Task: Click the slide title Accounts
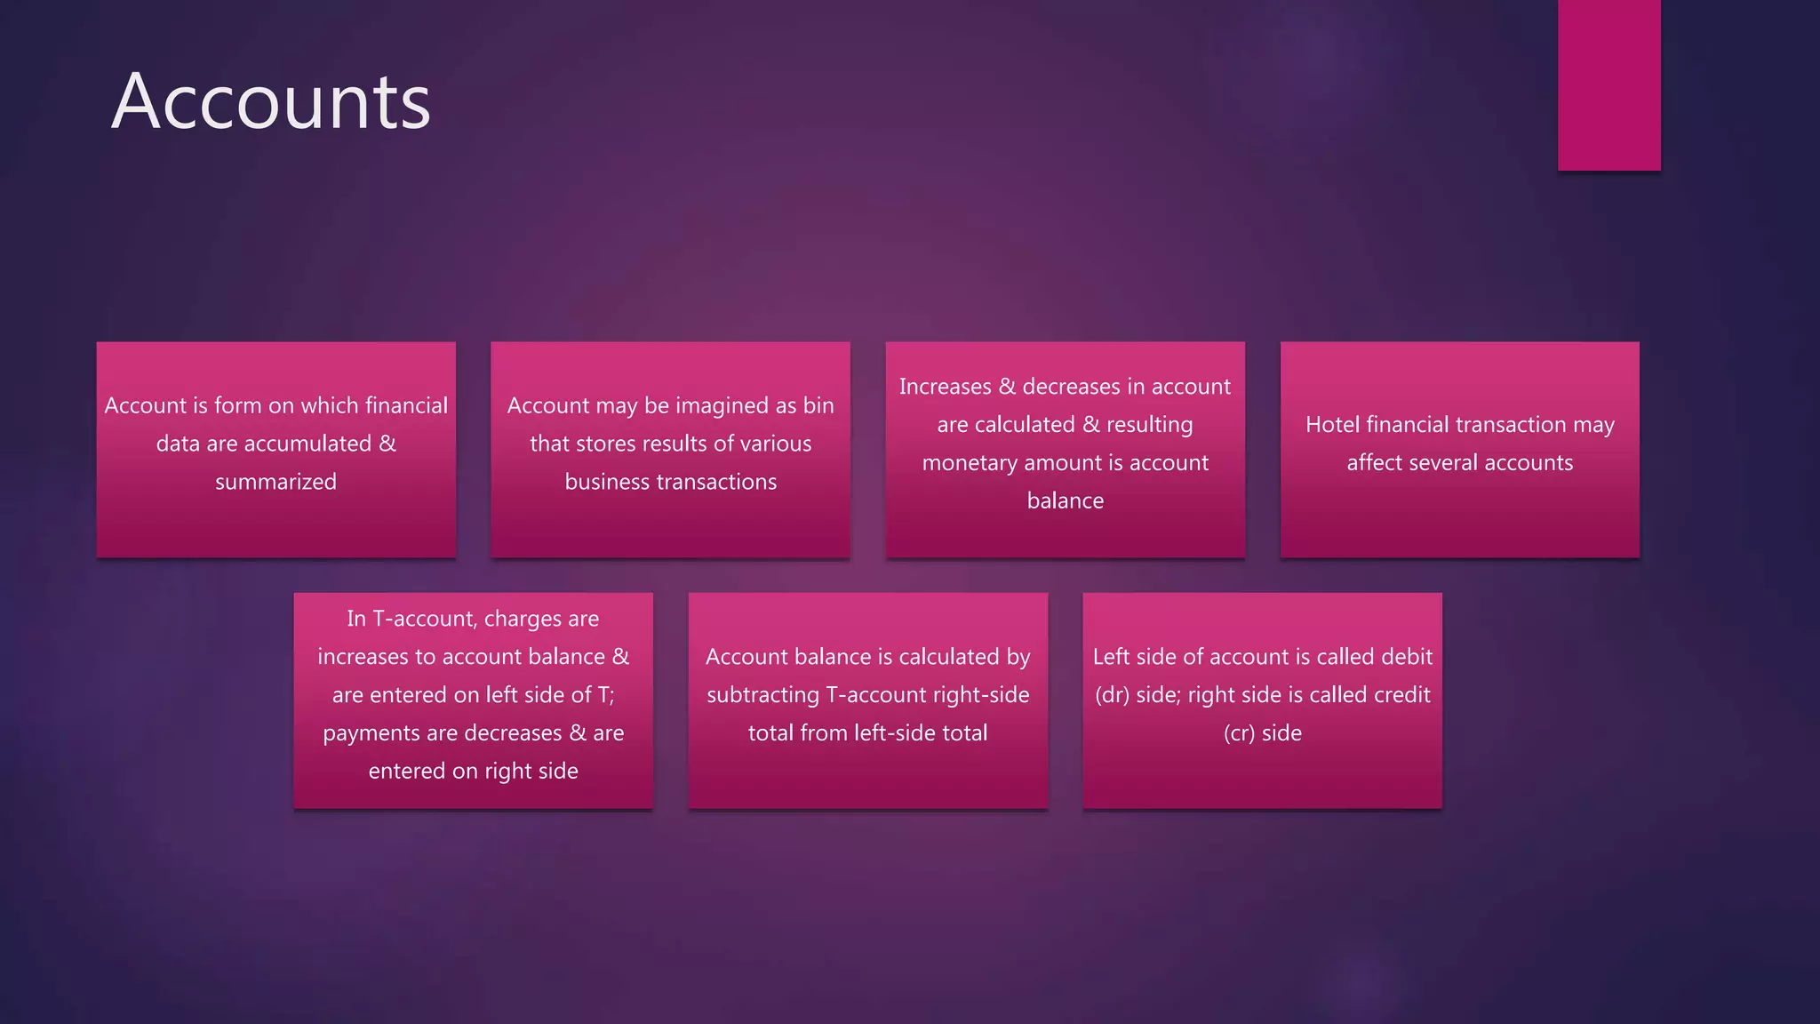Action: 271,101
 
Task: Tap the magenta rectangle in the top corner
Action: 1608,84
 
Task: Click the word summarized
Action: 275,482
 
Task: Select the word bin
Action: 818,405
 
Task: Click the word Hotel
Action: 1332,425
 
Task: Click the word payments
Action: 364,733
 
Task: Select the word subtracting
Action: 762,695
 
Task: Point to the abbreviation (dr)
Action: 1112,695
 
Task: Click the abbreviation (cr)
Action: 1239,733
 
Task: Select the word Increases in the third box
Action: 945,387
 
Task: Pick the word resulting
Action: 1149,425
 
